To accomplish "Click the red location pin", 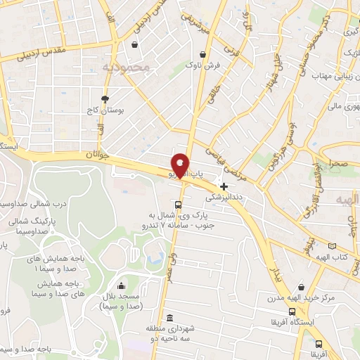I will pyautogui.click(x=181, y=165).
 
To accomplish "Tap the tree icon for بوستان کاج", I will pyautogui.click(x=105, y=99).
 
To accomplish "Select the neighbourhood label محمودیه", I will pyautogui.click(x=127, y=67).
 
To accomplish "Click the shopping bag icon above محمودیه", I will pyautogui.click(x=134, y=46).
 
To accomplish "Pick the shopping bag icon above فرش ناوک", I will pyautogui.click(x=202, y=53).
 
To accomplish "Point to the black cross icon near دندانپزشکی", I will pyautogui.click(x=224, y=186).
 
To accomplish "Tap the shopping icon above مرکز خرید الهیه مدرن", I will pyautogui.click(x=302, y=288).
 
